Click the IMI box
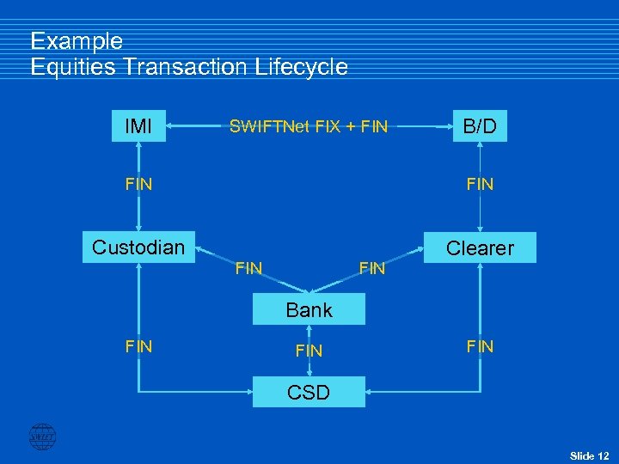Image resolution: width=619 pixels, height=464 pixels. click(x=138, y=126)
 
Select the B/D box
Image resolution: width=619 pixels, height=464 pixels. click(x=480, y=126)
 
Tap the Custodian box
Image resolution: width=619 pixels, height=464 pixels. click(x=138, y=247)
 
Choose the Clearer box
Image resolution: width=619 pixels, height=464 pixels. click(x=481, y=248)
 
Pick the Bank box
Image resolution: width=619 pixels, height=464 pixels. click(x=309, y=310)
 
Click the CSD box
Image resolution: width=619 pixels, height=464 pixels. click(x=309, y=393)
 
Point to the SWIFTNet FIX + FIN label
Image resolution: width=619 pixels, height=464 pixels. click(x=308, y=127)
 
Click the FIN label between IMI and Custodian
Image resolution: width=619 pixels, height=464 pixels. click(x=138, y=183)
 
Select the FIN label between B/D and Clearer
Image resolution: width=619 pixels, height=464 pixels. click(x=480, y=183)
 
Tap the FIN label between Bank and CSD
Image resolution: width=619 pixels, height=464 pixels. click(x=309, y=351)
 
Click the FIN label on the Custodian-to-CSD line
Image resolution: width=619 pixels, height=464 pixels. click(x=138, y=346)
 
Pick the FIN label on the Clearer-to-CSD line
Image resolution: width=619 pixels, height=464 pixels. click(x=480, y=346)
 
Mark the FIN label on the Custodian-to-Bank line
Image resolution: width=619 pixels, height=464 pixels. click(x=248, y=269)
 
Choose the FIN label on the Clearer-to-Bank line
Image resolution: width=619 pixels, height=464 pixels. click(x=372, y=269)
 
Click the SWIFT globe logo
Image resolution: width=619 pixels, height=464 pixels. click(x=42, y=437)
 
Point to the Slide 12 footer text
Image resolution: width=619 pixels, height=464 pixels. click(x=589, y=455)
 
